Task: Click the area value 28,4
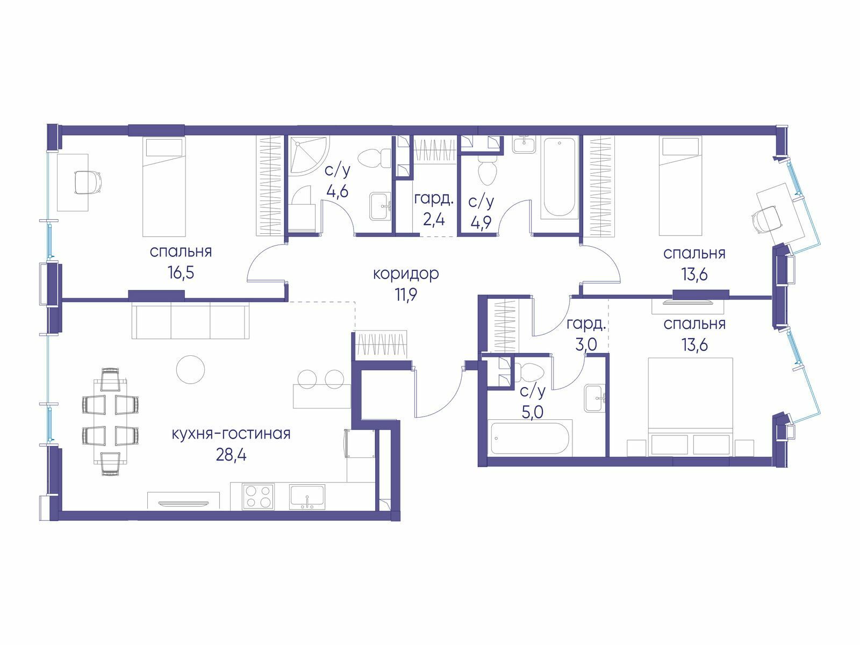point(231,455)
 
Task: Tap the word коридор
point(405,274)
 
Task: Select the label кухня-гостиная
point(231,434)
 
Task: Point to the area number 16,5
point(181,273)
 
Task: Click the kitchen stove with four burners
point(258,497)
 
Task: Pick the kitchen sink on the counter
point(307,497)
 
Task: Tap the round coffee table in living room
point(190,369)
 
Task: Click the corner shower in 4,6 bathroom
point(309,155)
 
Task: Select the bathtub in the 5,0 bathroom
point(530,438)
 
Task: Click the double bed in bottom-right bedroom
point(691,406)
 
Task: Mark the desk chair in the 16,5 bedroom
point(88,182)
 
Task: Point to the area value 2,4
point(434,219)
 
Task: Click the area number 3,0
point(586,345)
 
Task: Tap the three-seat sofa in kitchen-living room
point(191,320)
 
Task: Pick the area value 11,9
point(406,295)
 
